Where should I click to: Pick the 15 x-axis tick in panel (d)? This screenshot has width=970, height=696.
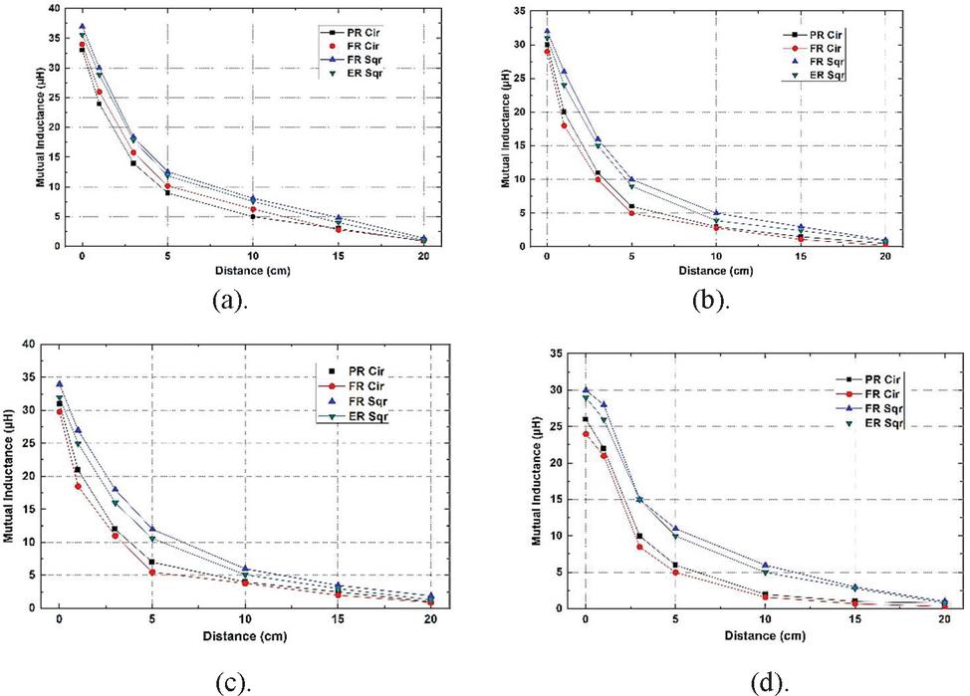click(x=853, y=619)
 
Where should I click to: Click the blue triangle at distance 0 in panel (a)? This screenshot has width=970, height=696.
click(x=82, y=27)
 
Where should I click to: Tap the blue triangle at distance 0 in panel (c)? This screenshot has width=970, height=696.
click(x=59, y=383)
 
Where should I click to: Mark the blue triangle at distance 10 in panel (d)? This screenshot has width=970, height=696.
click(x=765, y=565)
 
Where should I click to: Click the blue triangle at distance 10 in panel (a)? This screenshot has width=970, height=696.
click(x=253, y=199)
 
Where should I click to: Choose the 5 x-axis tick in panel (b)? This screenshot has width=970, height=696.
click(x=631, y=258)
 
